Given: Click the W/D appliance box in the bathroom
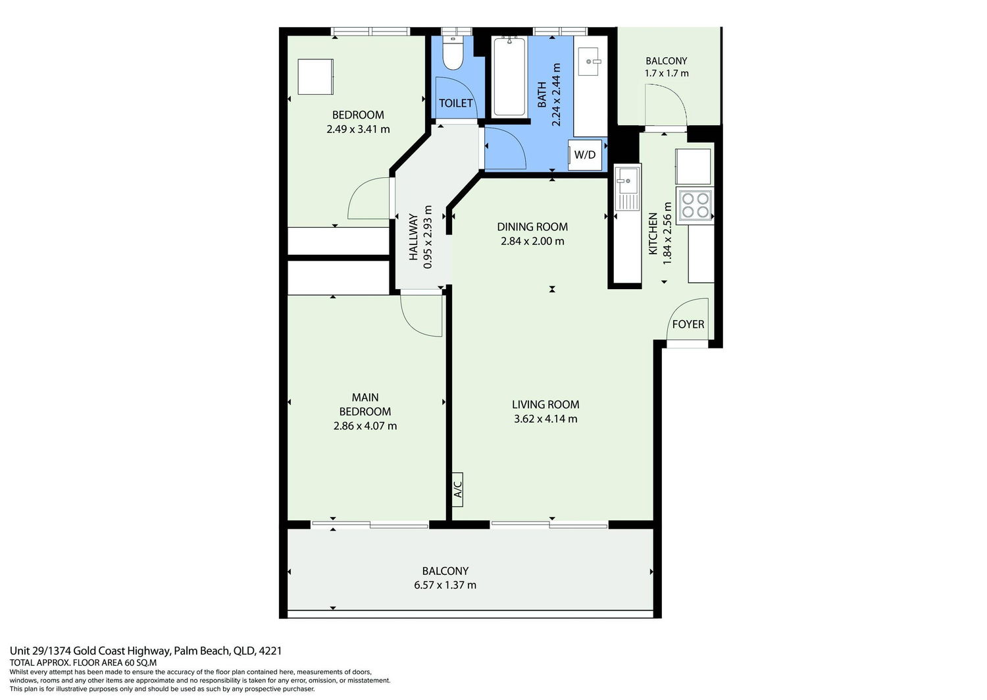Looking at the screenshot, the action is point(585,155).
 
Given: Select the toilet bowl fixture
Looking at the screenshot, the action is point(453,53).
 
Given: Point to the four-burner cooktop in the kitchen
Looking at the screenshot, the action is point(694,205).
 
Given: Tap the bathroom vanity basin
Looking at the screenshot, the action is point(590,62).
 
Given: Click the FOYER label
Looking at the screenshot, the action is point(688,324).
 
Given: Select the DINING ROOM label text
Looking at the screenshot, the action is point(532,227).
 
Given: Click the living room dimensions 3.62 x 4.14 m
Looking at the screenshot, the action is point(545,419).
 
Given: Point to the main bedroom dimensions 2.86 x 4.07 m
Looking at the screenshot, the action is point(365,425).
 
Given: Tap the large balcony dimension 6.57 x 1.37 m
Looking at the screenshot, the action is point(445,585).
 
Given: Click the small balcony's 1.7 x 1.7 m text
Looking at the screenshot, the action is point(666,73).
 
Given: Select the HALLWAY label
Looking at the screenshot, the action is point(413,237).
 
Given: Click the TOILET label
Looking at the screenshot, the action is point(455,103).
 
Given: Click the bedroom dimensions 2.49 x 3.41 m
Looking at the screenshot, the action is point(358,129).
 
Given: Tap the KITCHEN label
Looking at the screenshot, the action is point(653,234).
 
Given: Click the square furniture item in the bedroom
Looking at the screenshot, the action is point(315,77).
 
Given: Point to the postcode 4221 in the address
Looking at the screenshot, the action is point(270,651).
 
